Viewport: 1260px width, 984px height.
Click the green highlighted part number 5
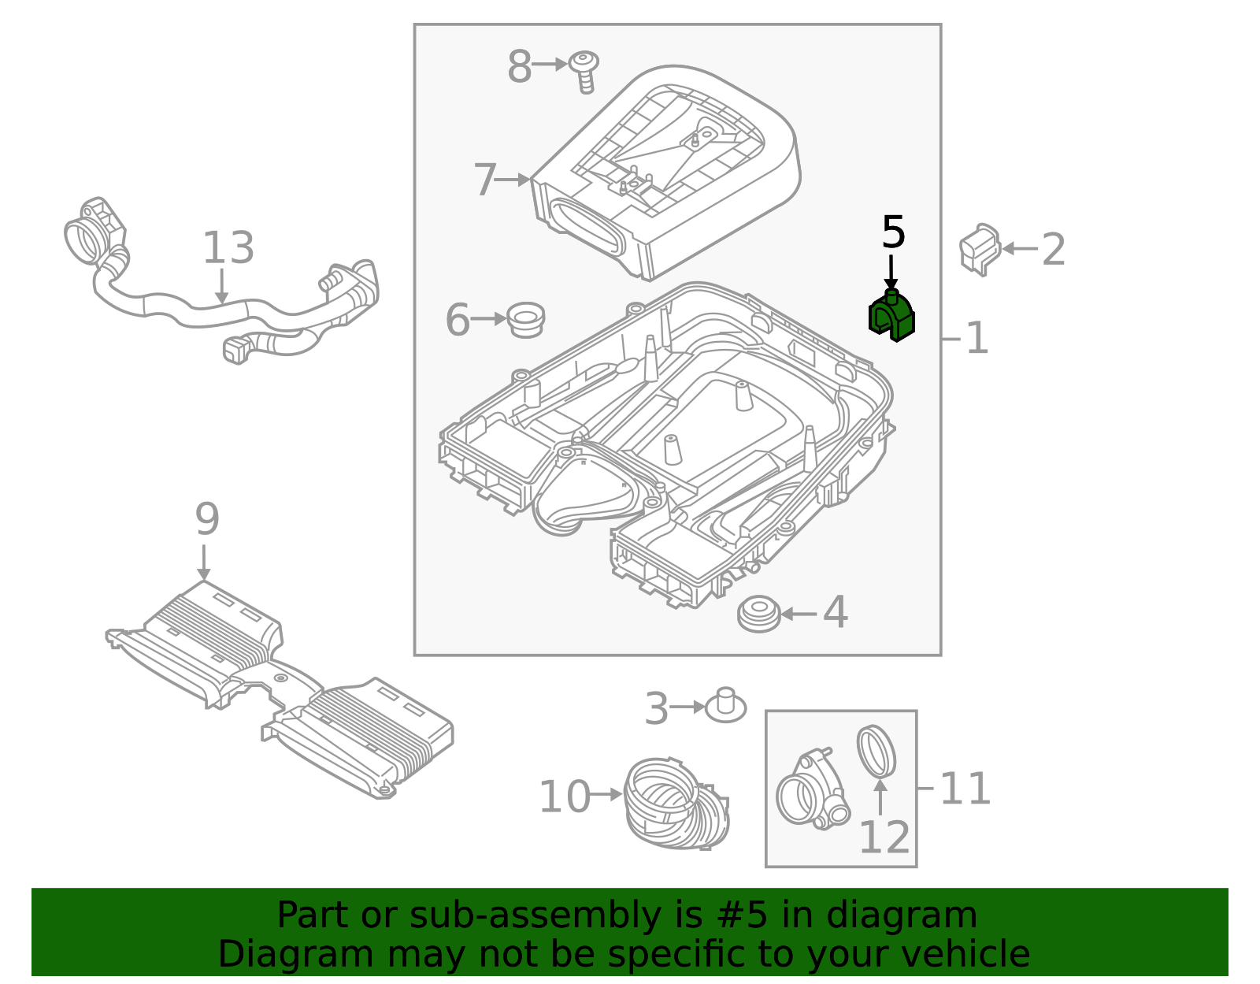[x=891, y=317]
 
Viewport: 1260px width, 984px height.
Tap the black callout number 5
[x=893, y=233]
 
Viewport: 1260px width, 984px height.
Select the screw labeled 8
[x=584, y=70]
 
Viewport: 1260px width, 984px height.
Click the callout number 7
[x=485, y=180]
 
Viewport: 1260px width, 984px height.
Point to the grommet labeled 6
[x=524, y=319]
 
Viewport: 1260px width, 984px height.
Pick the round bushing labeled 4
[x=759, y=614]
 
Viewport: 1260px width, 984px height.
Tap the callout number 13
[x=228, y=248]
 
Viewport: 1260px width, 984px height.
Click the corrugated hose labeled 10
[x=676, y=804]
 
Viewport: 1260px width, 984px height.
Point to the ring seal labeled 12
[x=876, y=750]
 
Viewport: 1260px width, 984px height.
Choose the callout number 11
[x=965, y=789]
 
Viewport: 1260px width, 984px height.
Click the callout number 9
[x=206, y=520]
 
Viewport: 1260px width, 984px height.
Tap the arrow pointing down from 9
[x=204, y=563]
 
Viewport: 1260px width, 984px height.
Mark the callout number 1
[x=976, y=338]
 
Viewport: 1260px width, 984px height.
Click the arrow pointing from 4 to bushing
[x=799, y=614]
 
